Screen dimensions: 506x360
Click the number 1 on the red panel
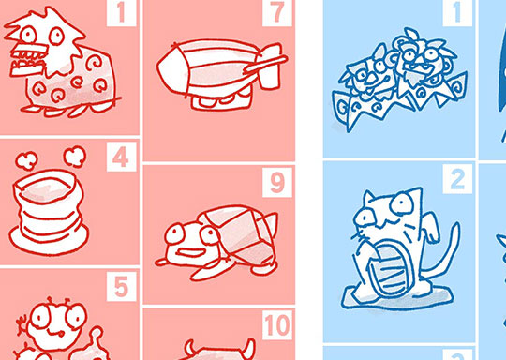(x=121, y=12)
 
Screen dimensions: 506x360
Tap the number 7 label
(x=277, y=13)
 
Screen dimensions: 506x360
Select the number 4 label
(x=121, y=157)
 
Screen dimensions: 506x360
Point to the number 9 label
(x=277, y=183)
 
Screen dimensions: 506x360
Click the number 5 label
(x=121, y=287)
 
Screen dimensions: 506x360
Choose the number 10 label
(x=277, y=325)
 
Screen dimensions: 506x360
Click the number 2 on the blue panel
(x=457, y=179)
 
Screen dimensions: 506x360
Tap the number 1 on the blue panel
(x=456, y=13)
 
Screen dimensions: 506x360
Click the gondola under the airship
(x=221, y=99)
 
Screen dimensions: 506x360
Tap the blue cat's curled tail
(x=444, y=255)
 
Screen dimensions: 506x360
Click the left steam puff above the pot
(x=26, y=160)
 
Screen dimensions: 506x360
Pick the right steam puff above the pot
(x=75, y=157)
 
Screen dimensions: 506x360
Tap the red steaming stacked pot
(x=49, y=212)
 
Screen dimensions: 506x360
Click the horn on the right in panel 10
(x=248, y=347)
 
